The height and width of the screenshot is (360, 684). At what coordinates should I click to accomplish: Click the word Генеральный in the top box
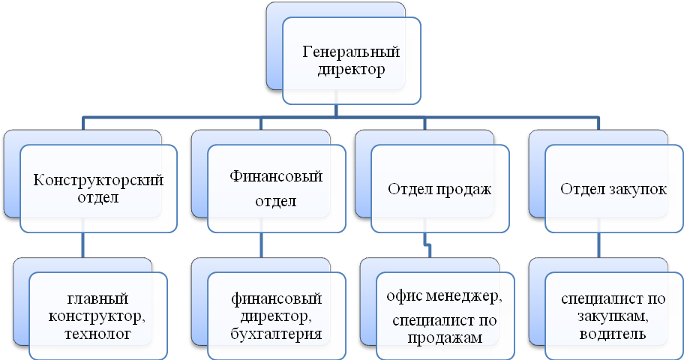tap(350, 52)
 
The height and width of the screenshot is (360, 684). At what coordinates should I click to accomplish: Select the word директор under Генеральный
tap(350, 71)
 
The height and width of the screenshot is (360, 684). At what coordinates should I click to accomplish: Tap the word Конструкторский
tap(99, 181)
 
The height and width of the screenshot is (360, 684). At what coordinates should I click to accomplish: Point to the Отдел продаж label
tap(439, 189)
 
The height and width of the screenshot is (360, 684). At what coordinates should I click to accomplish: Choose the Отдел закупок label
tap(613, 189)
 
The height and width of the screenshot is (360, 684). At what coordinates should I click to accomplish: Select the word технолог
tap(98, 333)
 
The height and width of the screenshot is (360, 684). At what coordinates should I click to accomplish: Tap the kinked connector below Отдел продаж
tap(427, 244)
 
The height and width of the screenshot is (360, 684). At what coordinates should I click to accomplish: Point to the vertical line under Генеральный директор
tap(336, 110)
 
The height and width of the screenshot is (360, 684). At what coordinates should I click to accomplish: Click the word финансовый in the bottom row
tap(277, 298)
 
